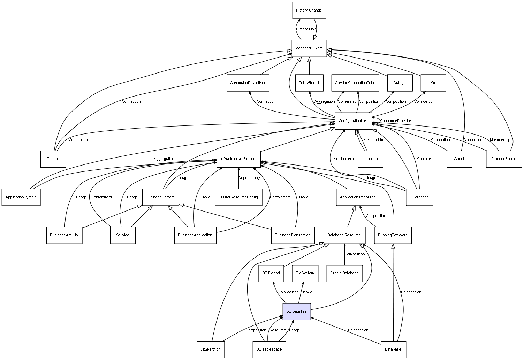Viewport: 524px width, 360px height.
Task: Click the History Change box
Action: (309, 10)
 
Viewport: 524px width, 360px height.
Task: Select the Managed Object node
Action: (309, 48)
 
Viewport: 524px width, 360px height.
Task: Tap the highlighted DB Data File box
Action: (296, 311)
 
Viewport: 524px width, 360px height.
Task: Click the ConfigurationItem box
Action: (353, 121)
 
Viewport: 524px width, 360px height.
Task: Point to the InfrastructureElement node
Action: (238, 159)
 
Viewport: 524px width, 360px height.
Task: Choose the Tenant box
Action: (53, 159)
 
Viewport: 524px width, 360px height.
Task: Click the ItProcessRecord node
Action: (504, 159)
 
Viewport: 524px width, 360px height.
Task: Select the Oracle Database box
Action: (344, 273)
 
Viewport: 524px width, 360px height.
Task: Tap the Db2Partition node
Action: (210, 349)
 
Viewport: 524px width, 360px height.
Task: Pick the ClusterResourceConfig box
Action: (238, 197)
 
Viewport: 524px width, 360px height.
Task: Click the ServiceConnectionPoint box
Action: (355, 83)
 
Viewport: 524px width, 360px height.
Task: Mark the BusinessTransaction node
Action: (293, 235)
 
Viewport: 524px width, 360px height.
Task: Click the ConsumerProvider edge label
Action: (395, 121)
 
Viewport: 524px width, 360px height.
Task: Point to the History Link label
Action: (306, 29)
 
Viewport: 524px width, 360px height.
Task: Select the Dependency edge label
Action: (249, 178)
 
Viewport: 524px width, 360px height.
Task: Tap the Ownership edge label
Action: (347, 102)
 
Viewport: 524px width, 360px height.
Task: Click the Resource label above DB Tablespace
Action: (278, 330)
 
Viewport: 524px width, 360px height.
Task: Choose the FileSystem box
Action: (305, 273)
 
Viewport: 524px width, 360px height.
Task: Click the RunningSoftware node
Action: (393, 235)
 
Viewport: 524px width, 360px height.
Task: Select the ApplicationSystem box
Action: (21, 197)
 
